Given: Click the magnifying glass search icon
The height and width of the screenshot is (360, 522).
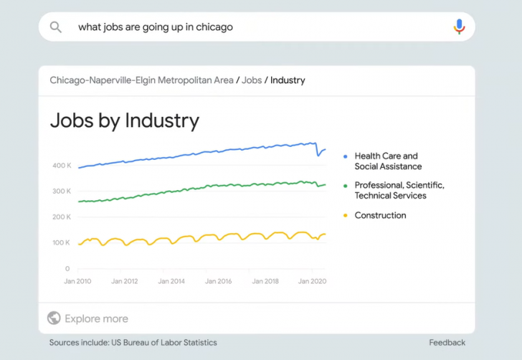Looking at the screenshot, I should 55,27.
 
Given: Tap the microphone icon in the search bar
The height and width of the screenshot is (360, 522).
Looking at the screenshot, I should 459,27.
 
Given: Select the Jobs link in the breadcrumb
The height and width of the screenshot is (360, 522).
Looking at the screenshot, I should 252,80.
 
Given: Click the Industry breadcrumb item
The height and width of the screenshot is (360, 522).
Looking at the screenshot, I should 288,80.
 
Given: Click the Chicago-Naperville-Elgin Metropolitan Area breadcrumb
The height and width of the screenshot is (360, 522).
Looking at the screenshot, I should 141,80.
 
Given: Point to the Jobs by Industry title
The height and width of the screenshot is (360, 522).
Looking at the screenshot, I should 124,120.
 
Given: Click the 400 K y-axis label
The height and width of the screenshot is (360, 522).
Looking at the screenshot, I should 62,166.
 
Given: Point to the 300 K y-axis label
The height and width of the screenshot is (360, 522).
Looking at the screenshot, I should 62,191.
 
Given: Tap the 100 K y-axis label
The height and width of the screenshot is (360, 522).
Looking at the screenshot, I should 62,243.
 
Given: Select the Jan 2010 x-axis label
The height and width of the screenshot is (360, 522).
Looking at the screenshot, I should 78,282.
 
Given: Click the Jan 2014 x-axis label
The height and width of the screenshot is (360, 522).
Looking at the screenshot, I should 171,282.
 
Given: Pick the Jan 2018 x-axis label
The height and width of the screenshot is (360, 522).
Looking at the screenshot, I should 265,282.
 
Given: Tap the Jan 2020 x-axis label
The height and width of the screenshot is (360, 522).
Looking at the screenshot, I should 312,282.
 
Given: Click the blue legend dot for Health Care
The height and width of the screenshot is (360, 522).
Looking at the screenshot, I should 345,156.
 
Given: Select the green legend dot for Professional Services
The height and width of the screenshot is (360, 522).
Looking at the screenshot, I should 345,186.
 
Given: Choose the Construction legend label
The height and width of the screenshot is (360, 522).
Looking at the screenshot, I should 380,215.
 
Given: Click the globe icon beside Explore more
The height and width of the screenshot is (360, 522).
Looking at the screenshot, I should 54,318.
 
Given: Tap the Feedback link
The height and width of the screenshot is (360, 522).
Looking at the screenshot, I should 447,343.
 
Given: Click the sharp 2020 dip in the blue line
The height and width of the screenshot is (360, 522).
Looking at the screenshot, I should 318,154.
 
